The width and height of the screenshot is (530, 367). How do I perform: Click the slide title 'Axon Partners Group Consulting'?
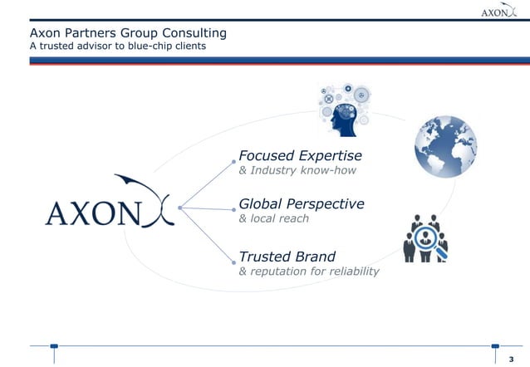click(115, 33)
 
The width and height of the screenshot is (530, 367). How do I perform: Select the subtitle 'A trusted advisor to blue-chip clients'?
click(106, 46)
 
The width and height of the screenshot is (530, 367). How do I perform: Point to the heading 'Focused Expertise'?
click(300, 156)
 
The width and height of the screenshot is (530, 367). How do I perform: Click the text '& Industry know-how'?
click(287, 171)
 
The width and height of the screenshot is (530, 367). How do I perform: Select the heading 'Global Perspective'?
click(301, 203)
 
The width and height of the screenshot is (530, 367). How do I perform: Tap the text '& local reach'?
click(273, 218)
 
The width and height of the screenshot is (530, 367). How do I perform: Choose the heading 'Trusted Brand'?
click(287, 256)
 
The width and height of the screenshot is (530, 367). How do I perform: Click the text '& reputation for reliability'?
click(308, 272)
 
